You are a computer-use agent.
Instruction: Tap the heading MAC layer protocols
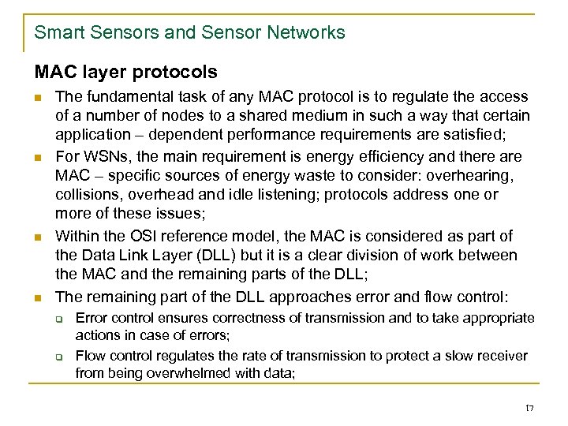pyautogui.click(x=125, y=73)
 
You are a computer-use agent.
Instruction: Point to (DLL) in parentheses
pyautogui.click(x=212, y=256)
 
